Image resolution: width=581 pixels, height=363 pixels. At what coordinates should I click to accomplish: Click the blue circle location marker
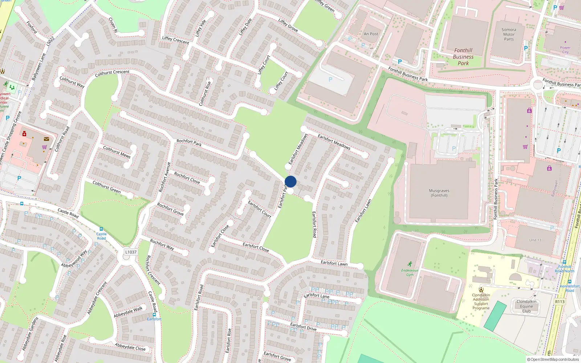pyautogui.click(x=290, y=181)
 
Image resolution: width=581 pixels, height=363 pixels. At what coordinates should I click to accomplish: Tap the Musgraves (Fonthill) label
pyautogui.click(x=439, y=193)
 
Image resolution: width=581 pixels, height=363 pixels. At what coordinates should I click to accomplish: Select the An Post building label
pyautogui.click(x=371, y=34)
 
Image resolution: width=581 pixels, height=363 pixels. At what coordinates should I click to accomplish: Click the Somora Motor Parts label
pyautogui.click(x=509, y=34)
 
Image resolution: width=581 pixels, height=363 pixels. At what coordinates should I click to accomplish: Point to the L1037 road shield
pyautogui.click(x=131, y=252)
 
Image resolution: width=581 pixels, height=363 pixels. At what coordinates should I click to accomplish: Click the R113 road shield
pyautogui.click(x=560, y=302)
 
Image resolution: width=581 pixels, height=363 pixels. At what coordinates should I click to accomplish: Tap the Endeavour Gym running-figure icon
pyautogui.click(x=410, y=264)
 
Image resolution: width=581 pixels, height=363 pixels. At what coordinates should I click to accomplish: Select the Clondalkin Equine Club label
pyautogui.click(x=527, y=306)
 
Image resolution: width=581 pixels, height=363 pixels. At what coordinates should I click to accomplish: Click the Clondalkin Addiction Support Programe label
pyautogui.click(x=481, y=302)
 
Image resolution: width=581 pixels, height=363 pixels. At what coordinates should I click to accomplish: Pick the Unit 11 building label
pyautogui.click(x=535, y=240)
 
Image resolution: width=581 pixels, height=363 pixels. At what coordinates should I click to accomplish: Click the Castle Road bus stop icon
pyautogui.click(x=101, y=229)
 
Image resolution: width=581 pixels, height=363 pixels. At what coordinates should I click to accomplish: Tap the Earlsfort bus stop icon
pyautogui.click(x=154, y=315)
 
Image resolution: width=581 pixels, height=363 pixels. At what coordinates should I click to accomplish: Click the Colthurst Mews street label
pyautogui.click(x=117, y=152)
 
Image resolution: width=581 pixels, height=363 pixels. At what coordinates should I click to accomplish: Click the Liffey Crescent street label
pyautogui.click(x=175, y=40)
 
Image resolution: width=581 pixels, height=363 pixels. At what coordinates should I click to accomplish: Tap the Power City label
pyautogui.click(x=565, y=50)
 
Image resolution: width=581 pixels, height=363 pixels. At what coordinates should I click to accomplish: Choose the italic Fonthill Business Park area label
pyautogui.click(x=463, y=57)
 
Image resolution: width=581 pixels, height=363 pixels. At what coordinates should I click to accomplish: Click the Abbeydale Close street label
pyautogui.click(x=130, y=347)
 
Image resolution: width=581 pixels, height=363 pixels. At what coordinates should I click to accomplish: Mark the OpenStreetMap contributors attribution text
pyautogui.click(x=553, y=360)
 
